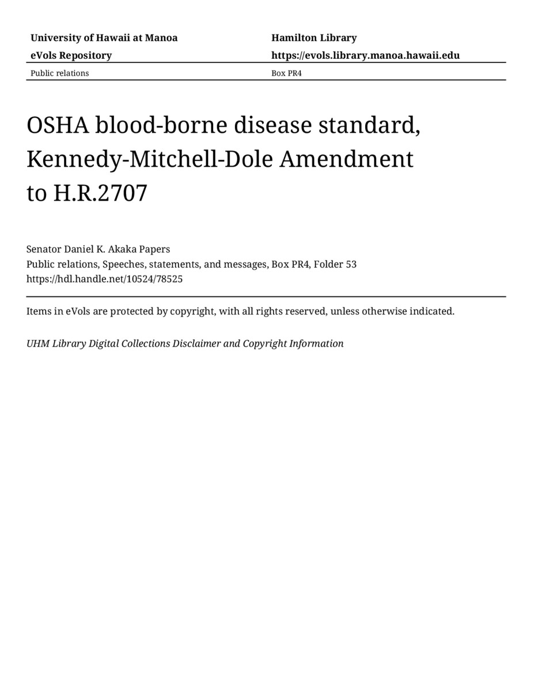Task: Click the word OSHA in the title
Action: tap(58, 125)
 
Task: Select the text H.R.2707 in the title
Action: tap(100, 193)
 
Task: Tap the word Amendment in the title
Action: tap(346, 159)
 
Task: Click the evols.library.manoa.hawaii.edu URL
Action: tap(365, 55)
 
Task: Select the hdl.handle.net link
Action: tap(104, 279)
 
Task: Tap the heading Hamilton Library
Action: tap(314, 38)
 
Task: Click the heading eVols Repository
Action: tap(71, 55)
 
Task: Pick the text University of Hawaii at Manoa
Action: tap(104, 38)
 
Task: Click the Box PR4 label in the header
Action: tap(286, 73)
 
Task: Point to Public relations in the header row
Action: tap(59, 73)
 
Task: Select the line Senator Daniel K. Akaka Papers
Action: tap(98, 249)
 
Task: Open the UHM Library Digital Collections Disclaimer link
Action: tap(184, 344)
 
